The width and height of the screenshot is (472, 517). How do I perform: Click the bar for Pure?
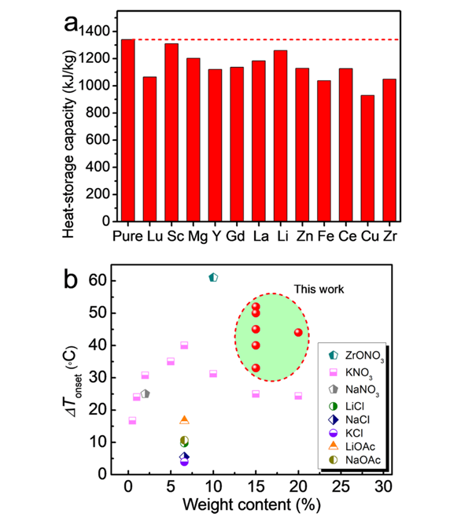coord(128,130)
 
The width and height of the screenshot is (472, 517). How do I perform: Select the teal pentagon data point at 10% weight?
coord(213,277)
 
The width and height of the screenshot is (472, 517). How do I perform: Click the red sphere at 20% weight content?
coord(298,332)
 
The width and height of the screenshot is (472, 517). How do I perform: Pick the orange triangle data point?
coord(184,420)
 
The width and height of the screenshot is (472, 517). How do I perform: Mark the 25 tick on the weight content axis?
coord(341,486)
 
